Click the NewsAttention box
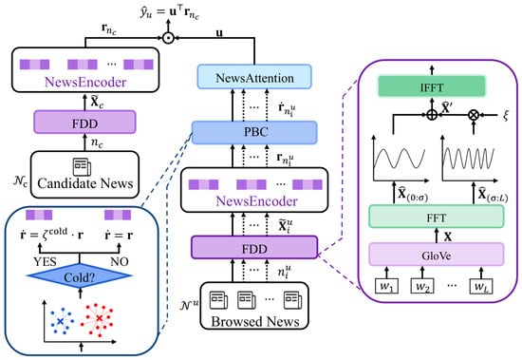tap(254, 77)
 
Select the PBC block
tap(254, 132)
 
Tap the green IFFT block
tap(432, 86)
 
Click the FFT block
tap(437, 218)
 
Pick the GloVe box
tap(437, 255)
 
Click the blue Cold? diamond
tap(80, 275)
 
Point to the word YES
tap(45, 261)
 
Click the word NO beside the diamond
tap(120, 261)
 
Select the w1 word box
tap(386, 286)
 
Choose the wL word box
tap(481, 286)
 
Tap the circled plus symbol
tap(432, 115)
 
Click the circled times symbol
tap(474, 115)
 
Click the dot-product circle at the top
tap(168, 38)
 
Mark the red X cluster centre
tap(99, 318)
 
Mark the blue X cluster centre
tap(60, 321)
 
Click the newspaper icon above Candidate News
tap(82, 166)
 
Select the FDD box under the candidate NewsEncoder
tap(84, 123)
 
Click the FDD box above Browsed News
tap(254, 247)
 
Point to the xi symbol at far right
tap(506, 115)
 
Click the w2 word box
tap(422, 286)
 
